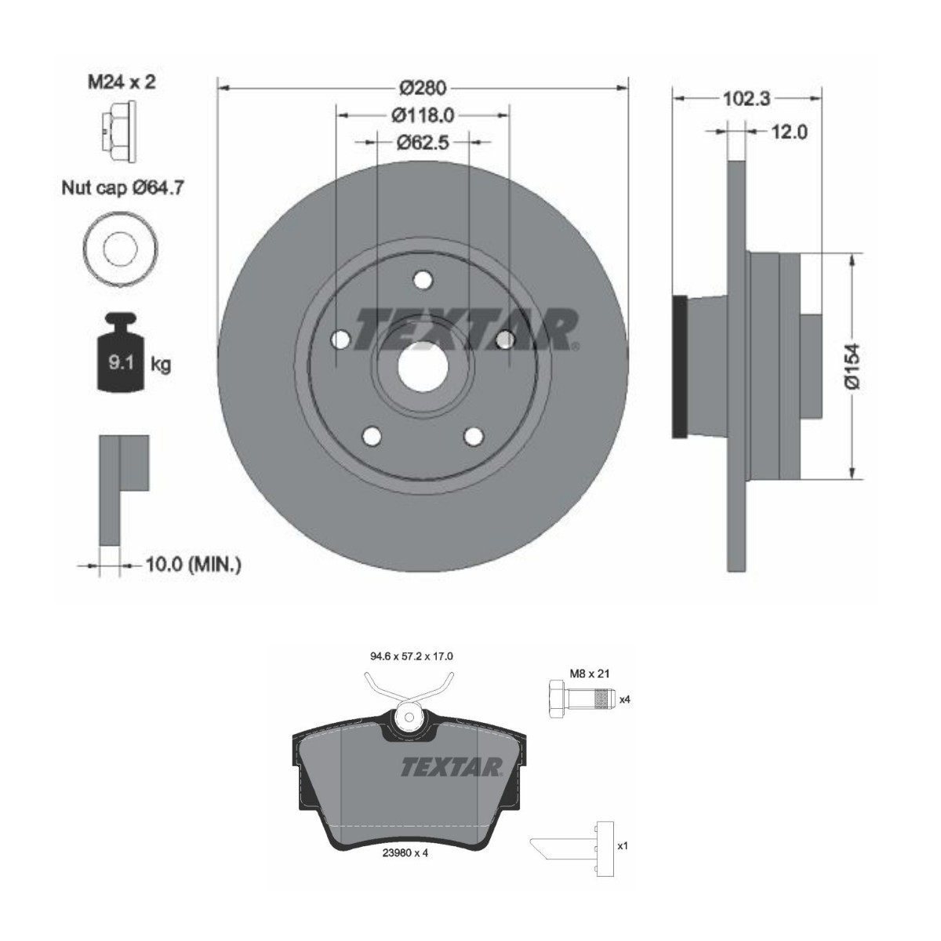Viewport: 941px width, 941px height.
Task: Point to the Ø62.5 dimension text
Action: click(x=423, y=142)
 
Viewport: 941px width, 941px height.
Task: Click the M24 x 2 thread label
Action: click(x=120, y=82)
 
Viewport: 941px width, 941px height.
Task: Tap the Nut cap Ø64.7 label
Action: click(x=123, y=188)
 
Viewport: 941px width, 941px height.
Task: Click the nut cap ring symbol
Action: click(x=120, y=249)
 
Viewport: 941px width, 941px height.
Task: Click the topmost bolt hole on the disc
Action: click(x=423, y=279)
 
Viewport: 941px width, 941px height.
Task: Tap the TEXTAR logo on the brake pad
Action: click(x=451, y=767)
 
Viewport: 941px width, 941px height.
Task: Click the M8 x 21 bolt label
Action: click(x=590, y=673)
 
